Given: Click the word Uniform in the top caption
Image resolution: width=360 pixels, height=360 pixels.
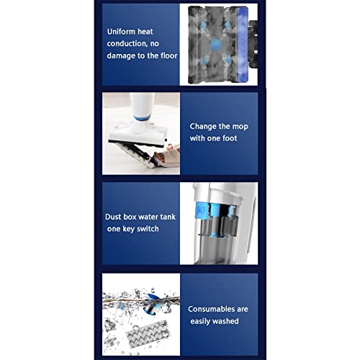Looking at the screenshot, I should (123, 32).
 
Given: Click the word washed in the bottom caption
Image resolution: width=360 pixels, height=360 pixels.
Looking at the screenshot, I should (226, 320).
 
